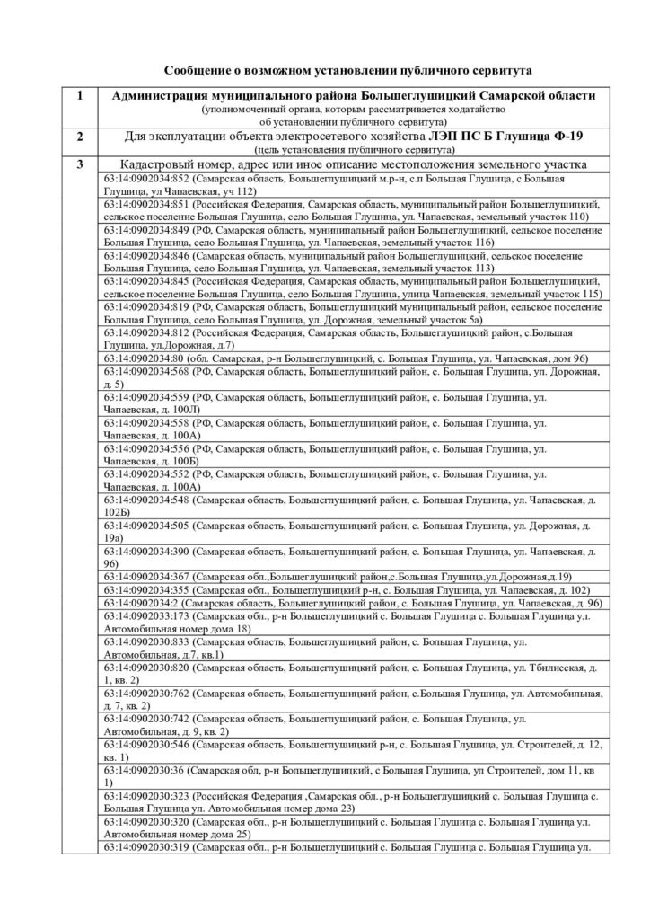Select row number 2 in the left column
(82, 137)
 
